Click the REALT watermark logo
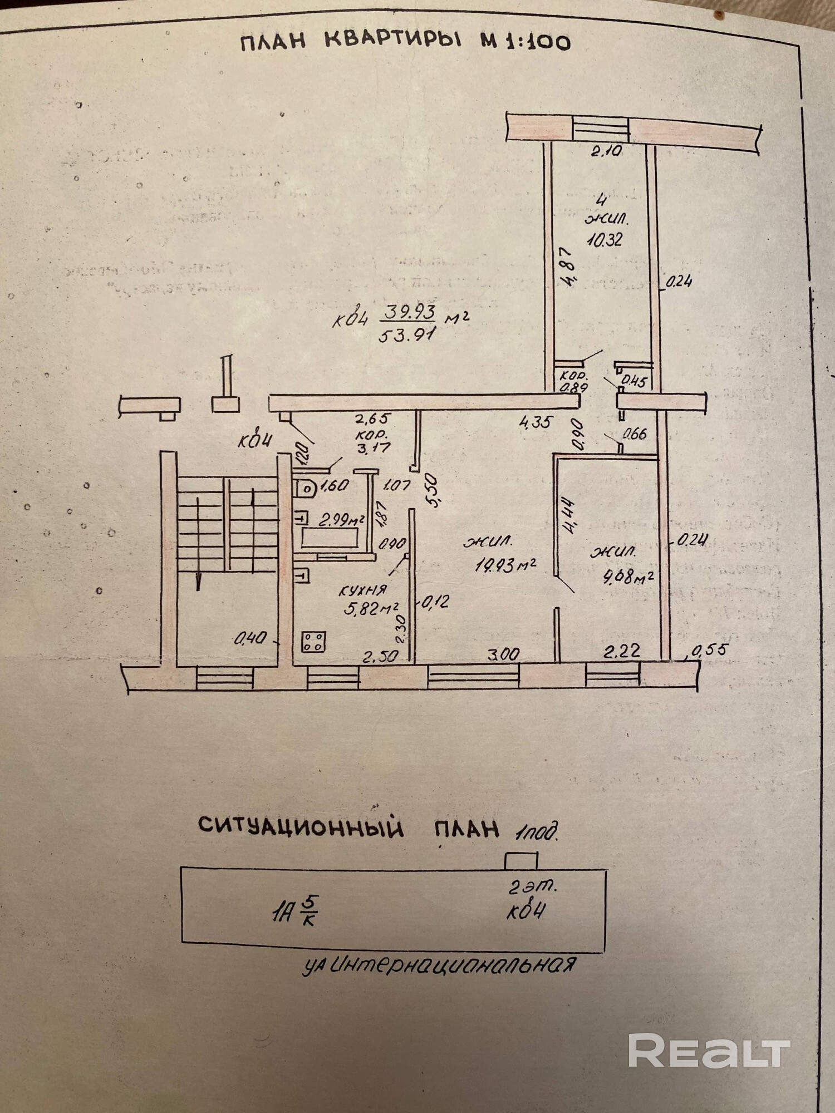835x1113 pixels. [709, 1051]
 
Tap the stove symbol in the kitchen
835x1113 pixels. [314, 641]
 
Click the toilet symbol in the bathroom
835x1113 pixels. [306, 489]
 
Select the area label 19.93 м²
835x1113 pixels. [505, 564]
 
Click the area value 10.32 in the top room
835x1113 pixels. [604, 239]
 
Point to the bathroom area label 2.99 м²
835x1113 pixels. [341, 520]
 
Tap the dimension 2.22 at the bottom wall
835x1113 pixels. [621, 651]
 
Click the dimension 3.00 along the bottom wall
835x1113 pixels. [503, 654]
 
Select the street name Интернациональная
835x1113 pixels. [451, 964]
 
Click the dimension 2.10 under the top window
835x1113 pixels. [606, 151]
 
